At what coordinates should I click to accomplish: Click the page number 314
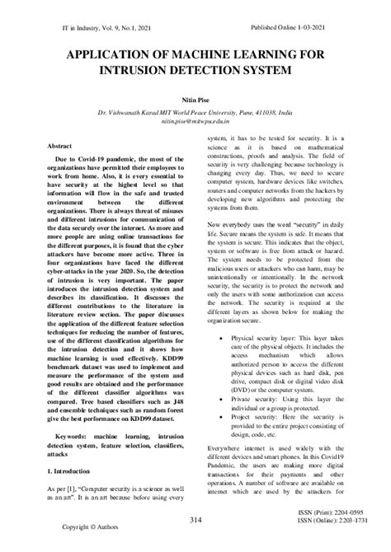click(195, 520)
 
